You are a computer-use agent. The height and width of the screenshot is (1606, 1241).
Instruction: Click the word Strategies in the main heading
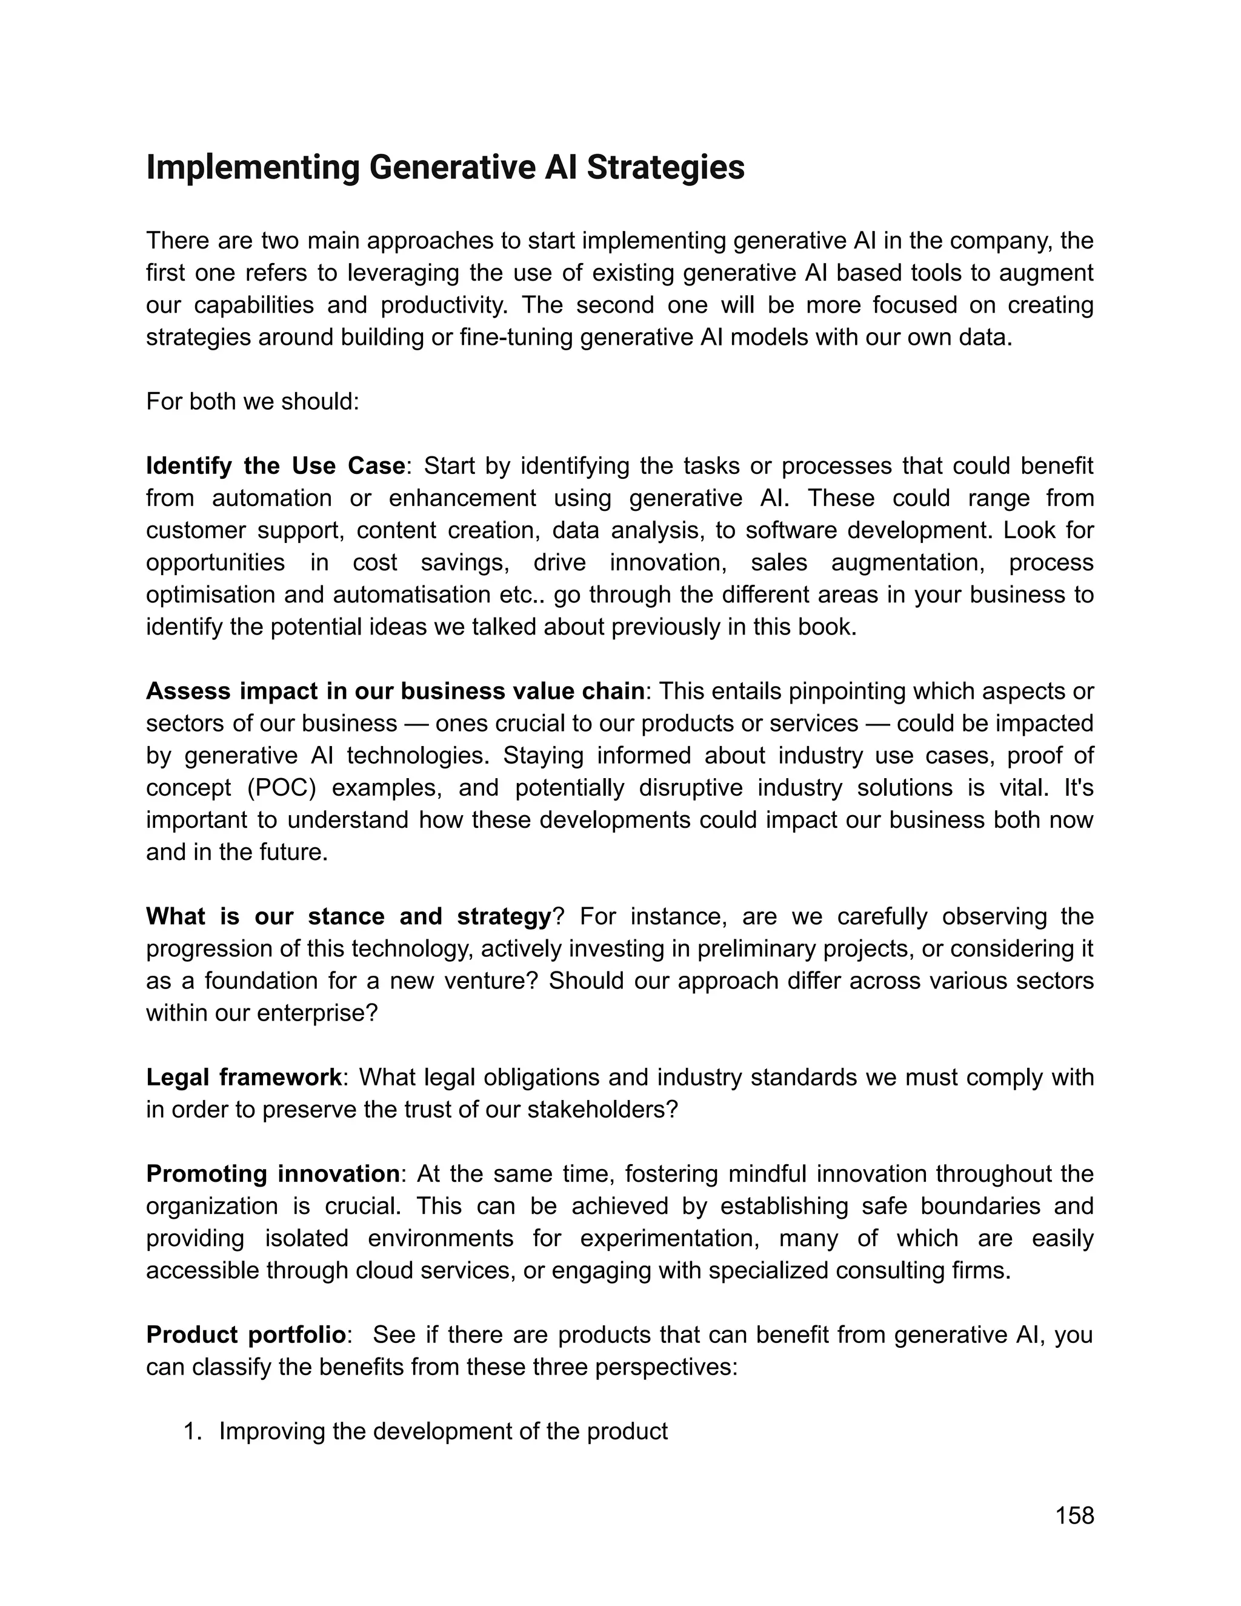[665, 168]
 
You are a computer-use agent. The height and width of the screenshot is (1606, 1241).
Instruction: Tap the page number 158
[1074, 1516]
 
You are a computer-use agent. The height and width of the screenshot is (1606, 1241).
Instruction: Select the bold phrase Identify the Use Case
[275, 466]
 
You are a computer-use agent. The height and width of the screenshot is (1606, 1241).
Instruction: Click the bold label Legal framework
[244, 1078]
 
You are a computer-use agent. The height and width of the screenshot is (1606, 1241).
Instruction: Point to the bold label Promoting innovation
[273, 1174]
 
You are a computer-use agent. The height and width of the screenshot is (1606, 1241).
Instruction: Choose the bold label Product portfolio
[245, 1334]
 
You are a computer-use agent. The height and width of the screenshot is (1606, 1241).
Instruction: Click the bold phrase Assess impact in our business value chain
[395, 691]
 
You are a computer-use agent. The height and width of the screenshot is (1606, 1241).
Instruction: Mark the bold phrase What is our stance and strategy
[348, 917]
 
